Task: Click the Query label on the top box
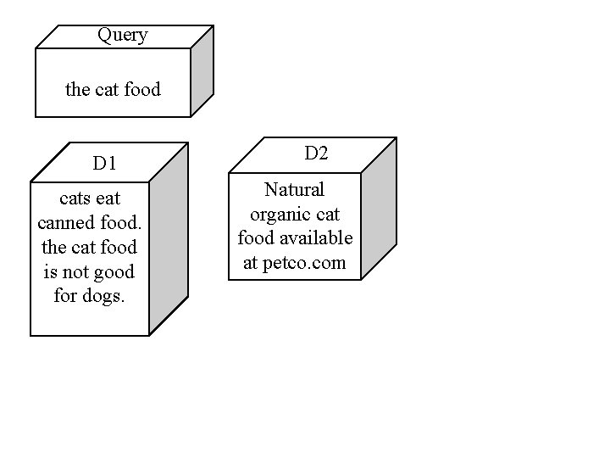(x=123, y=36)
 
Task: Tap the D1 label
(x=105, y=164)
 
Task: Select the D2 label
(x=316, y=154)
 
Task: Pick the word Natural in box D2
(x=294, y=189)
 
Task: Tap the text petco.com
(x=304, y=263)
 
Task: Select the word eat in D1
(x=108, y=198)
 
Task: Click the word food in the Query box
(x=141, y=89)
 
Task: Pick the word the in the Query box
(x=78, y=89)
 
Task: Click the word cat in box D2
(x=328, y=214)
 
